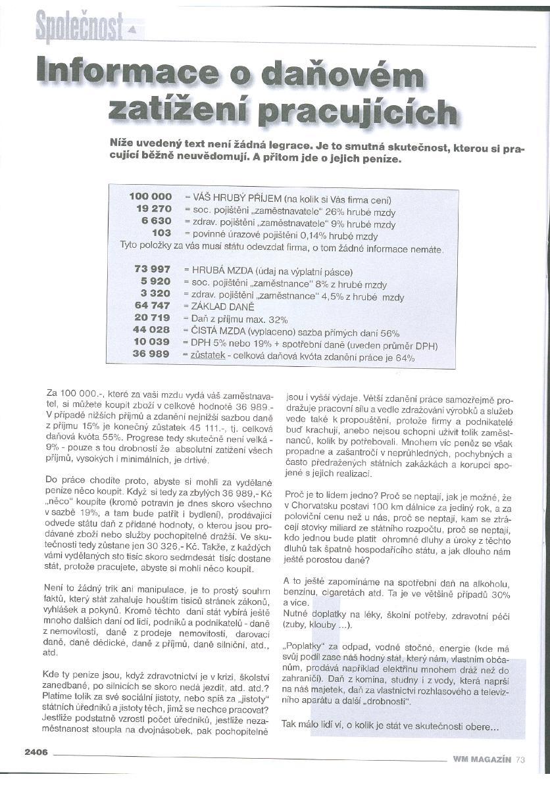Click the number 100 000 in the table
[151, 197]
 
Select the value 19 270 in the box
[154, 208]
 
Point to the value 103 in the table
[161, 233]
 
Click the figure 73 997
[152, 270]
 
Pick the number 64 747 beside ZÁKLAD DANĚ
[152, 306]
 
